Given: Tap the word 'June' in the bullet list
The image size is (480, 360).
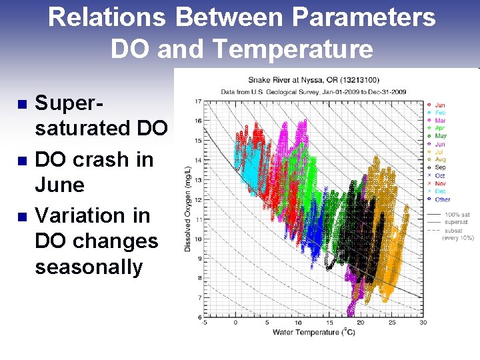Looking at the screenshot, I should click(x=59, y=185).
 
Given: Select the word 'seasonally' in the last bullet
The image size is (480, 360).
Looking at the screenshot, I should click(x=89, y=267).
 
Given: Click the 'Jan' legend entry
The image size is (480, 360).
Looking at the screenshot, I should click(x=440, y=105).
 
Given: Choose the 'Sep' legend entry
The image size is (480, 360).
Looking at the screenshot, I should click(x=440, y=167).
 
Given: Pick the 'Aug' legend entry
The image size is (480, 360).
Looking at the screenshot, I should click(x=440, y=159).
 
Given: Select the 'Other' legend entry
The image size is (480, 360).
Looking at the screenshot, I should click(x=442, y=199).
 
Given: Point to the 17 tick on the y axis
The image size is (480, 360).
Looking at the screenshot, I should click(x=199, y=101).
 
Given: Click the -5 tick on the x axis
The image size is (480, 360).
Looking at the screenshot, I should click(x=205, y=323).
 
